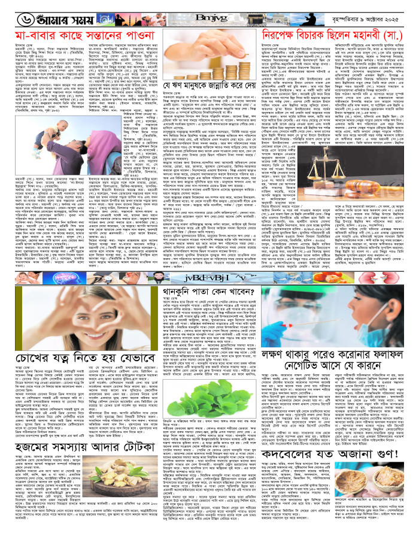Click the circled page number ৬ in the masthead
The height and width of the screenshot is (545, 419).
click(13, 11)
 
